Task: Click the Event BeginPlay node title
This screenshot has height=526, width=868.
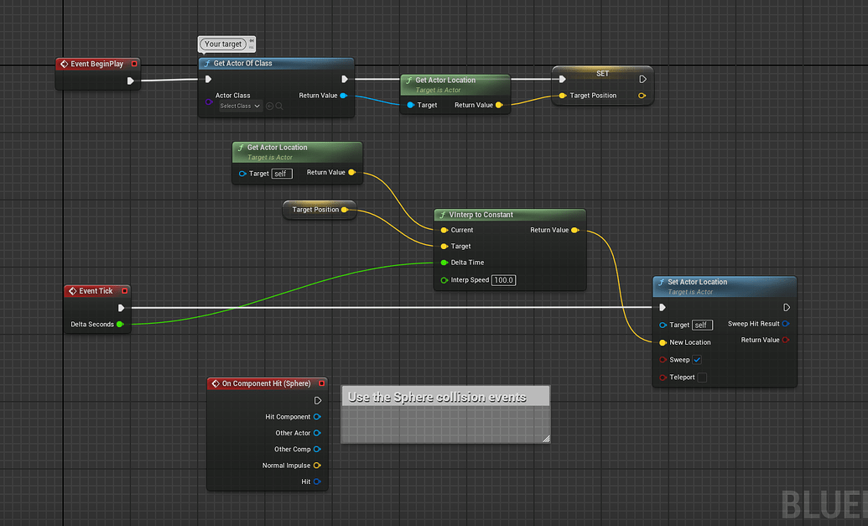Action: point(96,64)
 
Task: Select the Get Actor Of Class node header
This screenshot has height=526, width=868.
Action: point(242,64)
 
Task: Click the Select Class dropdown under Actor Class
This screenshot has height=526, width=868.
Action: point(240,107)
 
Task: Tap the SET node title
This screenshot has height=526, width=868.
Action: point(602,74)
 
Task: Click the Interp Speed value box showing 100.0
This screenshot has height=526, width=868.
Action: point(503,280)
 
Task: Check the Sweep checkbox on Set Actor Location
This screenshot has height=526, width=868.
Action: point(697,360)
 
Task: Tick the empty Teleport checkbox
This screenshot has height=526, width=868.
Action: point(702,378)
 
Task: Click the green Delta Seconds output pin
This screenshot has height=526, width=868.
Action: point(120,325)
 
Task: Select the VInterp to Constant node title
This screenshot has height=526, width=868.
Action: point(481,215)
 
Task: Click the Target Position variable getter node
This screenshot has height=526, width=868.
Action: point(315,210)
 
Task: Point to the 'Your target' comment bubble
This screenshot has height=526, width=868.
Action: point(223,44)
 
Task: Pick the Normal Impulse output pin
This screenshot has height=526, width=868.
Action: point(317,466)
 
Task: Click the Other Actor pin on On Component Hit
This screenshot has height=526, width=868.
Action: point(317,434)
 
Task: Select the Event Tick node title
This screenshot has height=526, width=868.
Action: point(96,291)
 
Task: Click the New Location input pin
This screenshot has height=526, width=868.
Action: point(663,342)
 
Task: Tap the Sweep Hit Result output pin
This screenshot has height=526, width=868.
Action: point(785,324)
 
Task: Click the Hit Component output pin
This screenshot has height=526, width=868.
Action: point(317,417)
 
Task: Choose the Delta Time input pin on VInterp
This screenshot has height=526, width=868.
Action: point(444,263)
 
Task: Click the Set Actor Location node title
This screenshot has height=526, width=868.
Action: point(697,282)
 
